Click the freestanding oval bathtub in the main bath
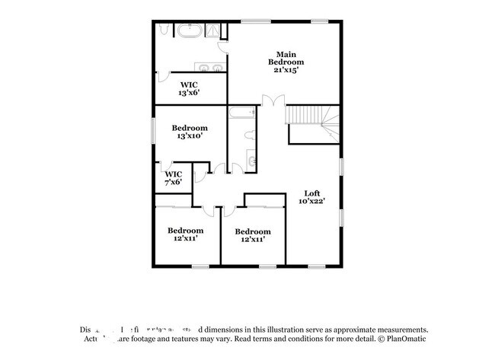[187, 31]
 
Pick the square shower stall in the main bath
[217, 30]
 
